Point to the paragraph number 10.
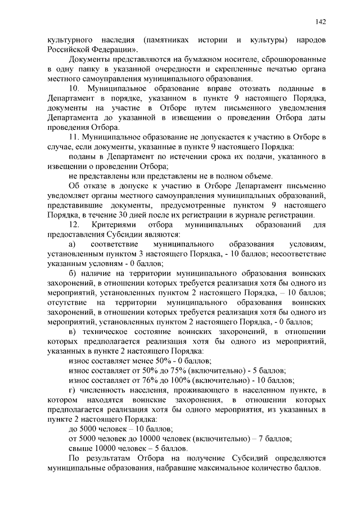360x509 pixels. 73,89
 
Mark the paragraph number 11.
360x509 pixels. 73,138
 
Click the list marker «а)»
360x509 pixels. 71,245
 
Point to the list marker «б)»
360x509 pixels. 72,273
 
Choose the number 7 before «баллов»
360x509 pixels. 258,439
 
